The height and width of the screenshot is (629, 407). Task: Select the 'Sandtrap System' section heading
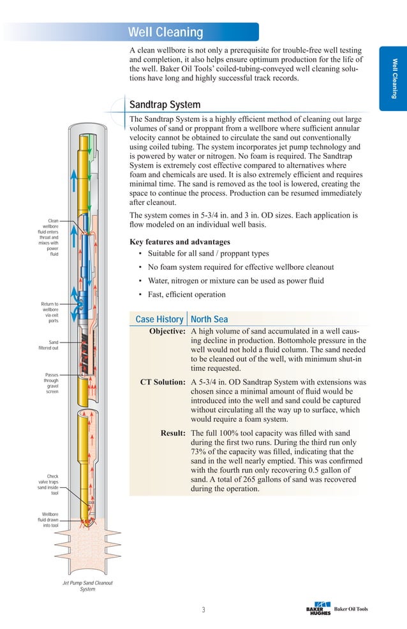[x=165, y=105]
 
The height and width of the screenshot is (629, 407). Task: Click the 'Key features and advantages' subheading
[x=180, y=242]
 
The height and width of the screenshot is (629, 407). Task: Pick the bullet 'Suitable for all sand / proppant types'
[x=208, y=254]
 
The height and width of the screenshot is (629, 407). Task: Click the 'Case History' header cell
[x=159, y=320]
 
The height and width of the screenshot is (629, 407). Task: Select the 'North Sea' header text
[x=209, y=320]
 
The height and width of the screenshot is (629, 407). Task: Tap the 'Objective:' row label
[x=167, y=332]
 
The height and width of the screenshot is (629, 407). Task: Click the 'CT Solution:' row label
[x=163, y=383]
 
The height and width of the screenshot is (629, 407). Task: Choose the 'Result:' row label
[x=172, y=433]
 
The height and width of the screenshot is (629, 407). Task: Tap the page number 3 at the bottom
[x=204, y=610]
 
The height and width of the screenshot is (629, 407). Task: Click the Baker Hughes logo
[x=318, y=609]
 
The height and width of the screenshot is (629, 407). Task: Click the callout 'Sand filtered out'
[x=48, y=345]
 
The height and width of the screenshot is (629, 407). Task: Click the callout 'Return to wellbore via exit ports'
[x=49, y=313]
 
